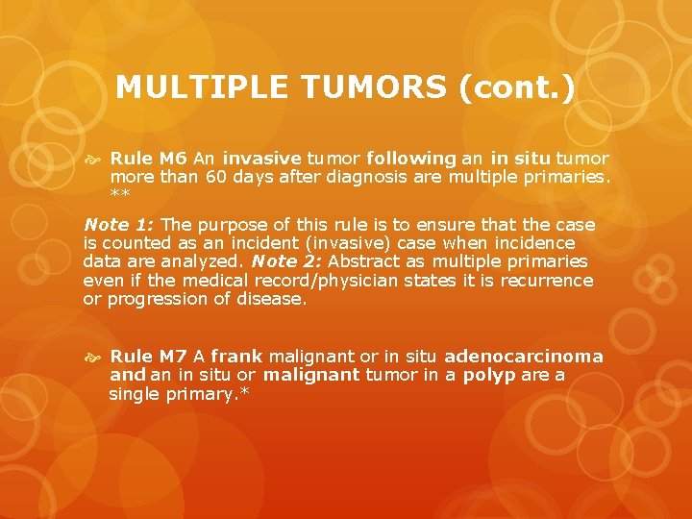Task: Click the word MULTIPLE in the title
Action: (201, 87)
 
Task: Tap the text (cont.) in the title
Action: (516, 87)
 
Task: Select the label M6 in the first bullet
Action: (174, 158)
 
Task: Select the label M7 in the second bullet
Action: (174, 356)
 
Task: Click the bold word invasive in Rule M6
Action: (261, 158)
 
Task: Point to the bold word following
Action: (410, 158)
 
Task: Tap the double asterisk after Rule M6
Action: (120, 194)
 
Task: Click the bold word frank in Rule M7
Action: (236, 356)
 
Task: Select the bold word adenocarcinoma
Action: (524, 356)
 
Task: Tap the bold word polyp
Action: (489, 374)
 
